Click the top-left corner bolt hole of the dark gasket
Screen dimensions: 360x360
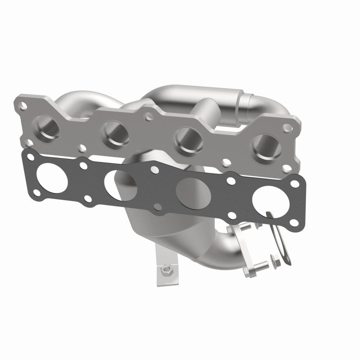(30, 157)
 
